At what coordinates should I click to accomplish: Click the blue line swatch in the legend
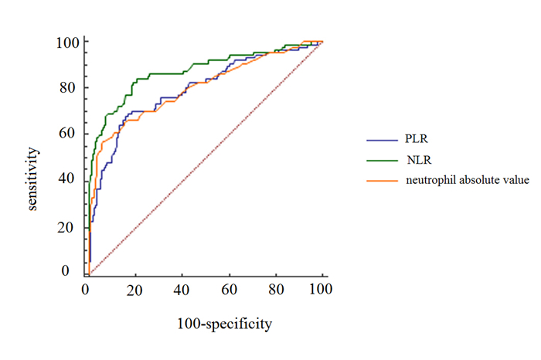[x=381, y=141]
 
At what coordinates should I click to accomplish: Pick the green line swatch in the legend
[x=381, y=161]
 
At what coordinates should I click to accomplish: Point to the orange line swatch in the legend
[x=381, y=180]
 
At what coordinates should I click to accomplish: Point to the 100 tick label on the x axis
[x=320, y=290]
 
